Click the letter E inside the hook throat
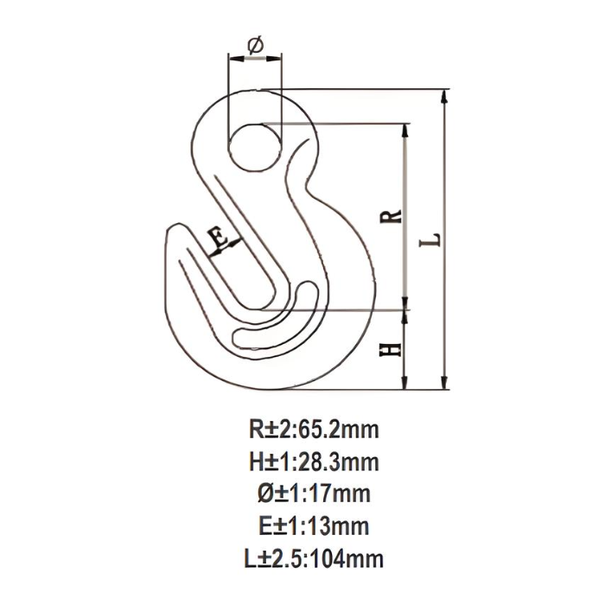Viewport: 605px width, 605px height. pos(219,234)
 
